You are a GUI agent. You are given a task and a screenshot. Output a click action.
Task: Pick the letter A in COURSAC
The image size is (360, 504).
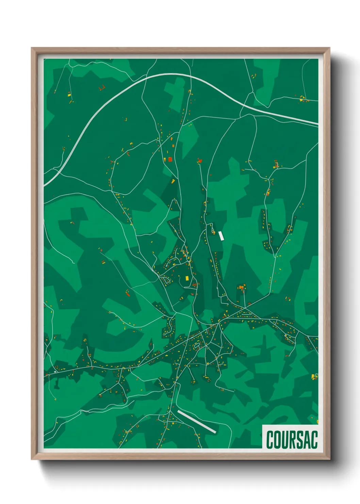pos(308,439)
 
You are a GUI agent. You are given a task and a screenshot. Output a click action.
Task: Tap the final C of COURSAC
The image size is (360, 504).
pos(315,439)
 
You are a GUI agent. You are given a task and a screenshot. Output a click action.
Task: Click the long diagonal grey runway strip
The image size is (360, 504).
pos(197,422)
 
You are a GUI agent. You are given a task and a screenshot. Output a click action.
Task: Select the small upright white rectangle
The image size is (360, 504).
pos(221,236)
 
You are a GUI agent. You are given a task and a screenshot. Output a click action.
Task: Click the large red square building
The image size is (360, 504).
pos(170,159)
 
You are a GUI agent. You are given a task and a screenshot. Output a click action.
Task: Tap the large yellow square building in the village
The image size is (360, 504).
pos(187,278)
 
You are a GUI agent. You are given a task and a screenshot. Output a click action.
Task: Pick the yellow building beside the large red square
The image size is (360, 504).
pos(165,159)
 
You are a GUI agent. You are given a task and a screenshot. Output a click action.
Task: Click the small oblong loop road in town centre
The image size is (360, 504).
pos(197,345)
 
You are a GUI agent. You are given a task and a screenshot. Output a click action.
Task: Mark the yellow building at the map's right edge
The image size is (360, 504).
pos(313,376)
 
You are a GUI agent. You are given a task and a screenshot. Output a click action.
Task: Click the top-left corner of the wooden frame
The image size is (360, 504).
pos(32,48)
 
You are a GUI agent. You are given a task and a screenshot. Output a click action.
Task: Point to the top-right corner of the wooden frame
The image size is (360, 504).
pos(329,48)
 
